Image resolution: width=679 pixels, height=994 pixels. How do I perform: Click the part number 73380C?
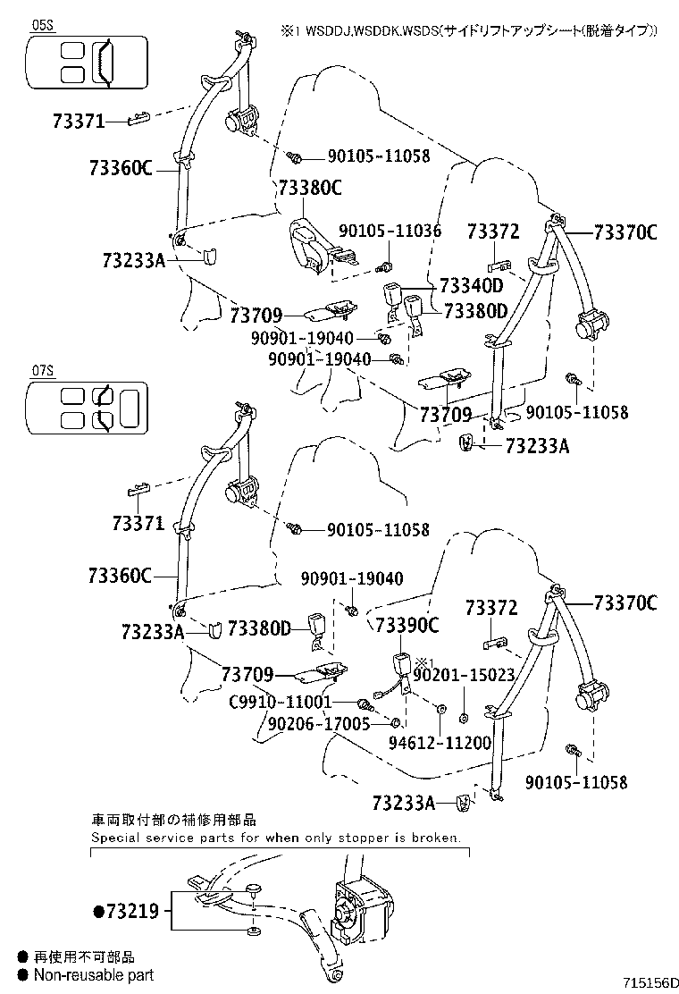(x=310, y=188)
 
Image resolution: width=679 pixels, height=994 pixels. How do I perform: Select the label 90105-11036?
(x=390, y=231)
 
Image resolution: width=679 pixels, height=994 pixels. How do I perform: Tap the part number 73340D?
(x=472, y=286)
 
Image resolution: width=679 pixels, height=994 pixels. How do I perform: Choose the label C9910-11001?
(x=280, y=702)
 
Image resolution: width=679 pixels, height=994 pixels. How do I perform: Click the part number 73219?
(x=132, y=912)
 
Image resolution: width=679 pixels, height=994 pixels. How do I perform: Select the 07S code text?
(x=42, y=368)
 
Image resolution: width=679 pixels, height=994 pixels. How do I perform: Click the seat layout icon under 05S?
(x=84, y=63)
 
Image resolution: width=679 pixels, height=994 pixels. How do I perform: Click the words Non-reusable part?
(x=93, y=974)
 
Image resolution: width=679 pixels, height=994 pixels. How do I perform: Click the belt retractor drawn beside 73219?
(x=359, y=911)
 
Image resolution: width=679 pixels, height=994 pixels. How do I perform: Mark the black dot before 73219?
(x=98, y=913)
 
